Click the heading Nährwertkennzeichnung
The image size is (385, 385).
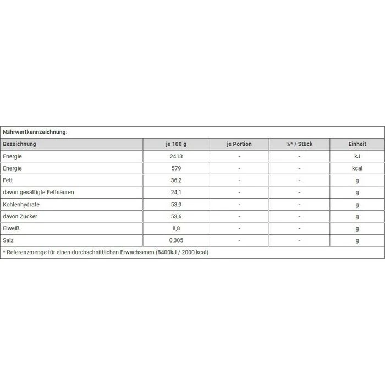[35, 132]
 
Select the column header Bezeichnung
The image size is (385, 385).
[20, 144]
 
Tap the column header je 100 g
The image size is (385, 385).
[176, 144]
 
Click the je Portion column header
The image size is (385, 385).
[239, 144]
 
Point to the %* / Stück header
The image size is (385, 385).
[299, 144]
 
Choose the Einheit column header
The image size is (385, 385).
[357, 144]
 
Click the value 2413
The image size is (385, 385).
[176, 156]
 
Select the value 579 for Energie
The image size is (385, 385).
[176, 168]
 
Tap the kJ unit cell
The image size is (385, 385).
[357, 156]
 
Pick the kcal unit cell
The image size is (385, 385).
[357, 168]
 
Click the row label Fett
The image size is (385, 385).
[8, 180]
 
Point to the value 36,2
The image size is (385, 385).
[176, 180]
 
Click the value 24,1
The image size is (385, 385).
[176, 193]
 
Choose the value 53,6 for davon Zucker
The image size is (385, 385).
[176, 217]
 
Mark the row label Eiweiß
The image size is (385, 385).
[12, 229]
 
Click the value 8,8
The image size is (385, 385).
[176, 229]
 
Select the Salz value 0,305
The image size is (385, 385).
[176, 241]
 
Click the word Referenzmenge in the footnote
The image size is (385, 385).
[29, 252]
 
